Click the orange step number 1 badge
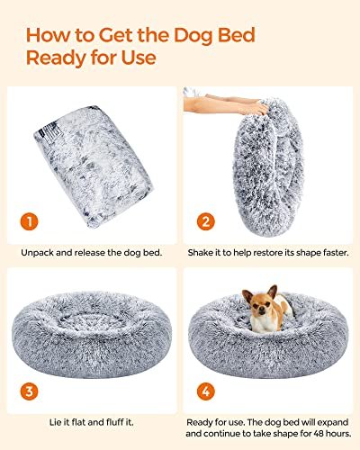[30, 221]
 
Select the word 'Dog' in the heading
[180, 36]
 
